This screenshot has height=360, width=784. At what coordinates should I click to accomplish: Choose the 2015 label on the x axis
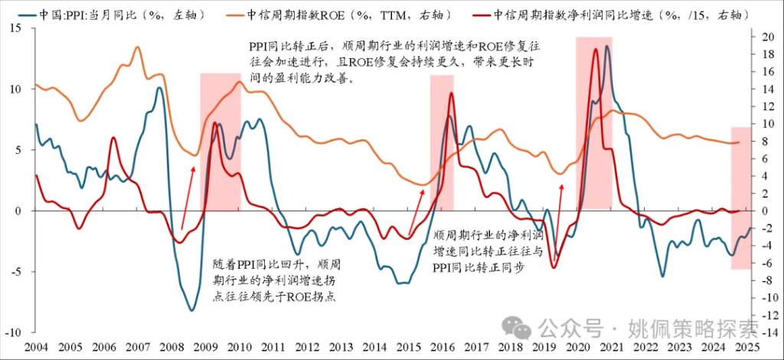pyautogui.click(x=410, y=346)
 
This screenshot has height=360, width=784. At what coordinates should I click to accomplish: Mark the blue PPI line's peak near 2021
pyautogui.click(x=607, y=47)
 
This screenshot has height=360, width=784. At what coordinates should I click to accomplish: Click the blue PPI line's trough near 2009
pyautogui.click(x=191, y=310)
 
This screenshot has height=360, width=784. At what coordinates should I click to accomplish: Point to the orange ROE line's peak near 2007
pyautogui.click(x=137, y=47)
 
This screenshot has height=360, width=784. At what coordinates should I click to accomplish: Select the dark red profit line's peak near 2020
pyautogui.click(x=595, y=50)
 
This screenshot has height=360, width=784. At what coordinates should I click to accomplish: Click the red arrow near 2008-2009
pyautogui.click(x=188, y=195)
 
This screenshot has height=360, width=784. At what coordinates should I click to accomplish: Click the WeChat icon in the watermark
pyautogui.click(x=522, y=329)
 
